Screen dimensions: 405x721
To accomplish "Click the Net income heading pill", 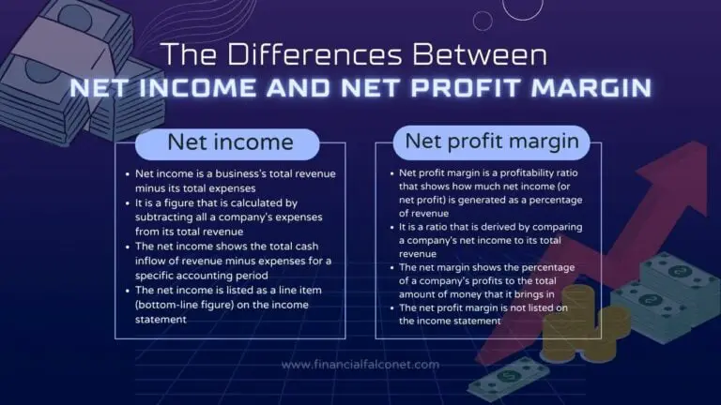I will (x=230, y=142).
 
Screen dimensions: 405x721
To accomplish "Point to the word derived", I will (x=527, y=225).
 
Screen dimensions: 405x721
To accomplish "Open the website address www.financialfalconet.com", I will (x=360, y=365).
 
